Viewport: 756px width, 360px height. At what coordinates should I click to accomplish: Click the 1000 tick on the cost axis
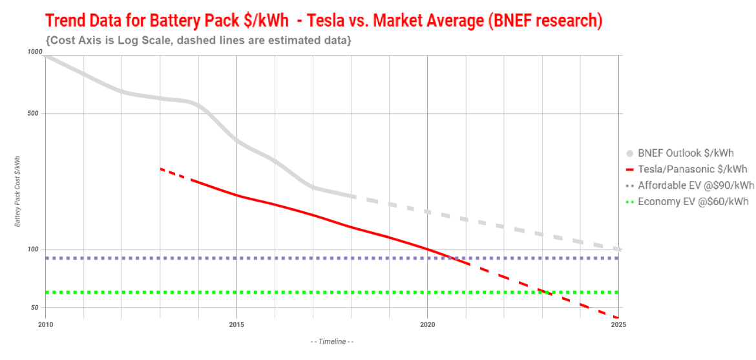[x=35, y=52]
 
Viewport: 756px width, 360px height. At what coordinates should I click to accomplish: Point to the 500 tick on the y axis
[x=36, y=114]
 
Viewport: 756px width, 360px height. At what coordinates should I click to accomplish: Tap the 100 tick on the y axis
[x=36, y=249]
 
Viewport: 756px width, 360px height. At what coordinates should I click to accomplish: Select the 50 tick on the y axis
[x=37, y=308]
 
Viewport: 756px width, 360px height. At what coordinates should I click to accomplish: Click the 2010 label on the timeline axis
[x=45, y=324]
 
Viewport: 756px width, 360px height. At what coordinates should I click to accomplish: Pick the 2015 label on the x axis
[x=236, y=324]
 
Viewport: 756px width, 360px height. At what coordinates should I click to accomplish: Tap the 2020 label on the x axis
[x=428, y=324]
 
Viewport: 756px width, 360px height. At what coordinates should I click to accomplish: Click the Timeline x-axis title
[x=332, y=341]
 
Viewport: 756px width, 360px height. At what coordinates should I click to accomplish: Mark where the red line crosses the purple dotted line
[x=450, y=258]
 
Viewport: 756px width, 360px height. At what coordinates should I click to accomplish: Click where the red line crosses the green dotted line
[x=544, y=292]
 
